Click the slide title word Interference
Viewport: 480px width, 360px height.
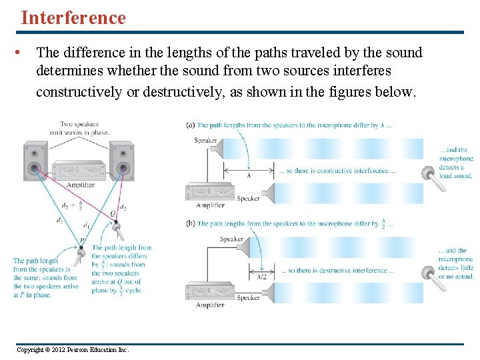pos(73,18)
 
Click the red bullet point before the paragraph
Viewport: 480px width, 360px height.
pos(23,52)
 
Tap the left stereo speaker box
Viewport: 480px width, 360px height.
pos(34,163)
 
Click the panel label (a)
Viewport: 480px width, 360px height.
pos(191,125)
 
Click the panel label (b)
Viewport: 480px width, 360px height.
pos(191,224)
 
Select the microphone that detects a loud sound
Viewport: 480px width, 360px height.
pos(433,177)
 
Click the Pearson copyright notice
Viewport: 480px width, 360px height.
pos(72,350)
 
